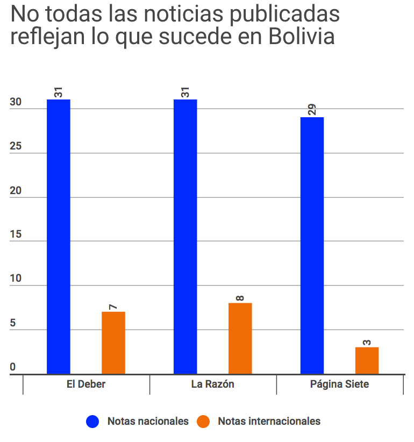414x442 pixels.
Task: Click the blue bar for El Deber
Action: pyautogui.click(x=59, y=237)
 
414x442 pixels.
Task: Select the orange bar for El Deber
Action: pyautogui.click(x=113, y=343)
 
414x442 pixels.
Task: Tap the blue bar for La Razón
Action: pyautogui.click(x=185, y=237)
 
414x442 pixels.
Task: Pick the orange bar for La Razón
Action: pyautogui.click(x=240, y=338)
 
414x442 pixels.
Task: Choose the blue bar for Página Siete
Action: pyautogui.click(x=312, y=245)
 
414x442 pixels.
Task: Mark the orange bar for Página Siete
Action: pyautogui.click(x=367, y=360)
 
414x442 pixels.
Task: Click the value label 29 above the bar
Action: pyautogui.click(x=312, y=109)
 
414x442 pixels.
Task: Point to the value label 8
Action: pyautogui.click(x=240, y=297)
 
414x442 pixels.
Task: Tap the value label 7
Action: pyautogui.click(x=113, y=306)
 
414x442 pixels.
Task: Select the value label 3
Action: pyautogui.click(x=367, y=341)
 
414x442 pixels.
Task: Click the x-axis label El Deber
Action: pyautogui.click(x=86, y=384)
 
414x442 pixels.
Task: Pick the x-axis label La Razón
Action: pyautogui.click(x=213, y=384)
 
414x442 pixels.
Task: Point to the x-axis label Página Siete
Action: pyautogui.click(x=340, y=384)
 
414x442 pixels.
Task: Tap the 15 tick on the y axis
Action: pyautogui.click(x=16, y=235)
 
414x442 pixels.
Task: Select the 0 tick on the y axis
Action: pyautogui.click(x=12, y=368)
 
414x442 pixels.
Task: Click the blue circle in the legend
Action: pyautogui.click(x=93, y=422)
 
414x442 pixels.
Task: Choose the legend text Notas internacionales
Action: pyautogui.click(x=269, y=422)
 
